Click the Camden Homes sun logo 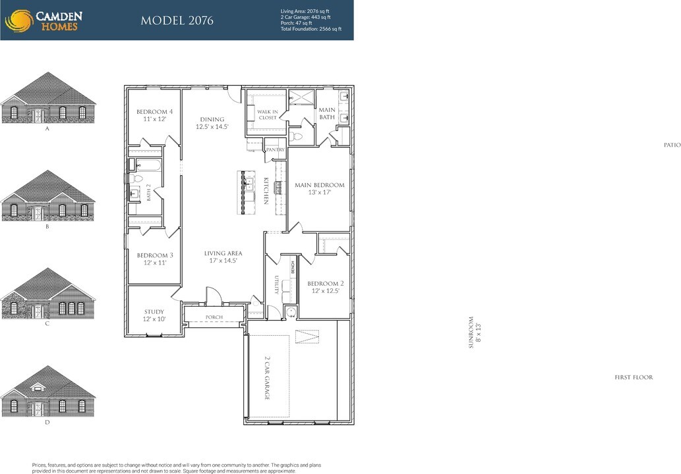click(x=19, y=20)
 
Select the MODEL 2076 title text click(x=177, y=20)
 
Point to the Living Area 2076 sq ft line click(x=306, y=11)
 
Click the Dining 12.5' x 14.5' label click(x=212, y=123)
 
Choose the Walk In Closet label click(x=267, y=115)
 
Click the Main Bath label click(x=327, y=114)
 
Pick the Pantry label click(x=276, y=150)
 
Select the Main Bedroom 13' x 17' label click(x=319, y=189)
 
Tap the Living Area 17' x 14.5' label click(x=223, y=257)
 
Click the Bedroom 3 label click(x=155, y=259)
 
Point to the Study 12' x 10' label click(x=154, y=316)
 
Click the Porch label click(x=214, y=317)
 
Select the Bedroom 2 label click(x=325, y=287)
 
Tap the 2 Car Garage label click(x=267, y=379)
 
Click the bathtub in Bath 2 click(x=145, y=165)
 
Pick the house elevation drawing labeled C click(x=47, y=295)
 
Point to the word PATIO click(x=672, y=145)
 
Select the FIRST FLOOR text click(x=634, y=377)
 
